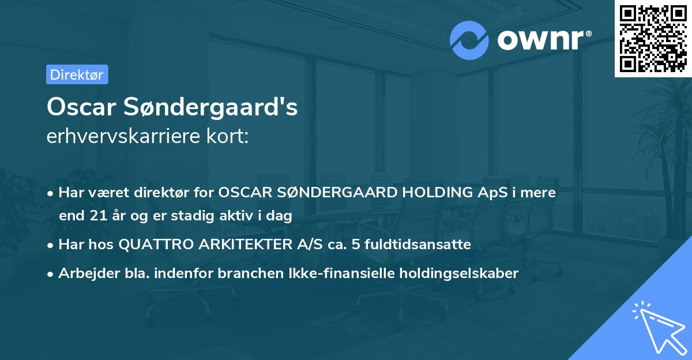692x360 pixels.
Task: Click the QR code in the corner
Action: (653, 39)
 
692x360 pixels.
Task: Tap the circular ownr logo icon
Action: (469, 40)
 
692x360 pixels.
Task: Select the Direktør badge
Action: (77, 74)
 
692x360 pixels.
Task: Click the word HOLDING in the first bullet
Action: (435, 193)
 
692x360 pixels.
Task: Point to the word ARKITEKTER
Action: (241, 245)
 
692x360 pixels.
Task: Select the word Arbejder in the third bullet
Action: (82, 273)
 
